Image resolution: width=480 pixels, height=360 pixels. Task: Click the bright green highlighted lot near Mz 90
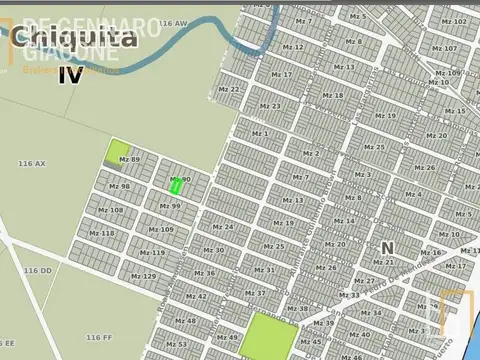[176, 185]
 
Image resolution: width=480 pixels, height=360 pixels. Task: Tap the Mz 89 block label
[129, 160]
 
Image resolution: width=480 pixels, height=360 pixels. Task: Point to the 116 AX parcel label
[32, 162]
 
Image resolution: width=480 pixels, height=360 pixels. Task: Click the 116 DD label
[37, 270]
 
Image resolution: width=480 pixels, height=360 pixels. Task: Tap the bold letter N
[387, 247]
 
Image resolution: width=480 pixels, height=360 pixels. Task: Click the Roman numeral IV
[70, 74]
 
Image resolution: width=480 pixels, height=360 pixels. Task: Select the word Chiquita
[75, 39]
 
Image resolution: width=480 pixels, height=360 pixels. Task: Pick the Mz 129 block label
[143, 276]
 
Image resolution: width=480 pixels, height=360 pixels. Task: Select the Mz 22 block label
[229, 89]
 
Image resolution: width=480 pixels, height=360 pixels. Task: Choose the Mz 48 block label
[185, 321]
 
